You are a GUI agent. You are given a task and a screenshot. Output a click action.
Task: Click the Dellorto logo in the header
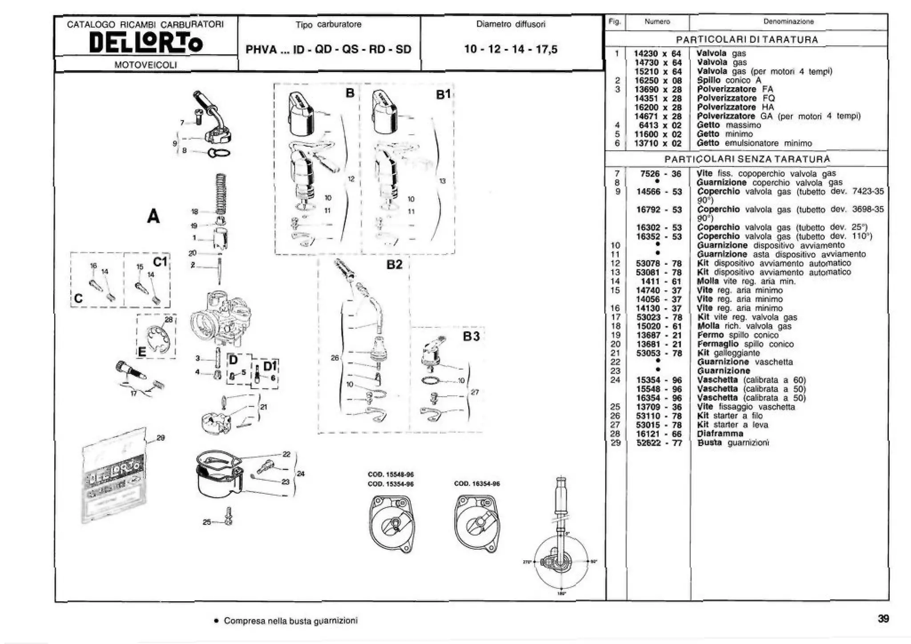click(x=145, y=43)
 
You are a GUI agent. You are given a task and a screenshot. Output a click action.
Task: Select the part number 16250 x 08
click(x=657, y=80)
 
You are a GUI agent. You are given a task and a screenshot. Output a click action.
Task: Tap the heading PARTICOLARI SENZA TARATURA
click(x=747, y=159)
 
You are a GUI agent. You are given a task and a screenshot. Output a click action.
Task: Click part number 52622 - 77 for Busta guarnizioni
click(x=659, y=443)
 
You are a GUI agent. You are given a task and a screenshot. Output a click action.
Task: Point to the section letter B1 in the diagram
click(x=443, y=95)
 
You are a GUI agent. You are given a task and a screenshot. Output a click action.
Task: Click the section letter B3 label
click(x=471, y=336)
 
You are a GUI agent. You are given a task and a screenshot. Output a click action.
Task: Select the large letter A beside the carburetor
click(x=153, y=216)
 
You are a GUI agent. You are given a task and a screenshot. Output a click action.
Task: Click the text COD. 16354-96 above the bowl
click(x=477, y=484)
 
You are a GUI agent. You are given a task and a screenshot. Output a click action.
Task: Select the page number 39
click(x=883, y=618)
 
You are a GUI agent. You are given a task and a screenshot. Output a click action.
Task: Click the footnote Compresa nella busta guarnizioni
click(x=290, y=620)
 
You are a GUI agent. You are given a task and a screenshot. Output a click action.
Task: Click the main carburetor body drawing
click(x=221, y=318)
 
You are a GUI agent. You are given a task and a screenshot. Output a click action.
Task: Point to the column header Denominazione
click(x=788, y=21)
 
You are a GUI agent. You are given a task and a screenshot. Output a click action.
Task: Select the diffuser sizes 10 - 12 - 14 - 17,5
click(x=510, y=49)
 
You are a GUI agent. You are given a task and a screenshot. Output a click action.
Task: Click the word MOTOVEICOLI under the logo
click(x=145, y=65)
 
